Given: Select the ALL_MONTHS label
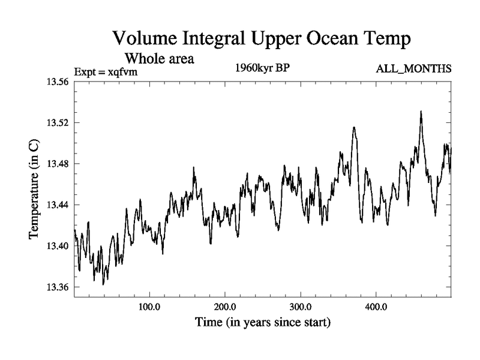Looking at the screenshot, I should coord(413,69).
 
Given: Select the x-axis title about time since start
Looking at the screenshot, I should coord(262,323).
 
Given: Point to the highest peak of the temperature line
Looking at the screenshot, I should coord(421,111).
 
